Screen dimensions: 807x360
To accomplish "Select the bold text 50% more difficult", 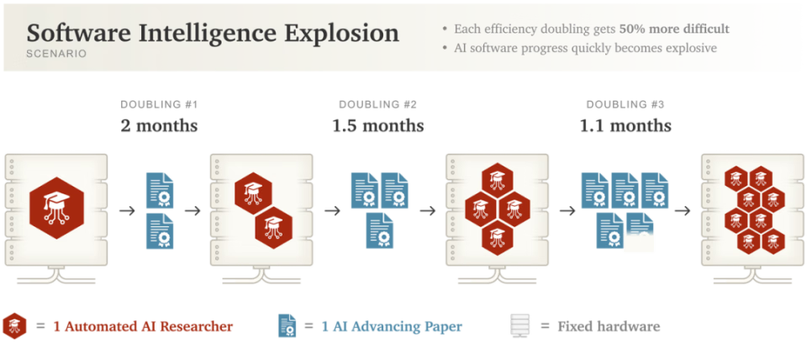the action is coord(674,29).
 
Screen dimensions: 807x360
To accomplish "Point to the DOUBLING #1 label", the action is coord(159,105).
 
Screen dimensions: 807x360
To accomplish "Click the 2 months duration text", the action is coord(159,125).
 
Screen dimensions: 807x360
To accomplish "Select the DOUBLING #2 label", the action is coord(377,105).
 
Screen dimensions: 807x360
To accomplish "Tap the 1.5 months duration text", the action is coord(377,125).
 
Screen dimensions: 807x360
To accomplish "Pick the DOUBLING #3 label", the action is coord(625,105).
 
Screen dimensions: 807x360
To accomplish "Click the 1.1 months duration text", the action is coord(625,125).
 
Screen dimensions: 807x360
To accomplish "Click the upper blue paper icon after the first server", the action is coord(160,190).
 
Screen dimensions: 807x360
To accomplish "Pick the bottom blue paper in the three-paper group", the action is coord(379,230).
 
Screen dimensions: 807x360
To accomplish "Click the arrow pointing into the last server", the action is coord(683,210).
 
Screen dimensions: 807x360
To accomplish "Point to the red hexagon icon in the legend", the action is coord(14,326).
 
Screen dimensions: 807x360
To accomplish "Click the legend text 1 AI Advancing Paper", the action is coord(391,326).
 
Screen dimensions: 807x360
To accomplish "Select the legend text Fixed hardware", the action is coord(609,326).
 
